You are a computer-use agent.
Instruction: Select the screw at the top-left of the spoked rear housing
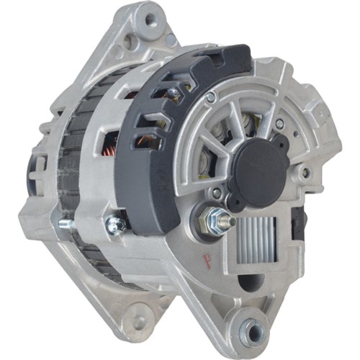(210, 97)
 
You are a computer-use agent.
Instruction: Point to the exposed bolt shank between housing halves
(68, 224)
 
